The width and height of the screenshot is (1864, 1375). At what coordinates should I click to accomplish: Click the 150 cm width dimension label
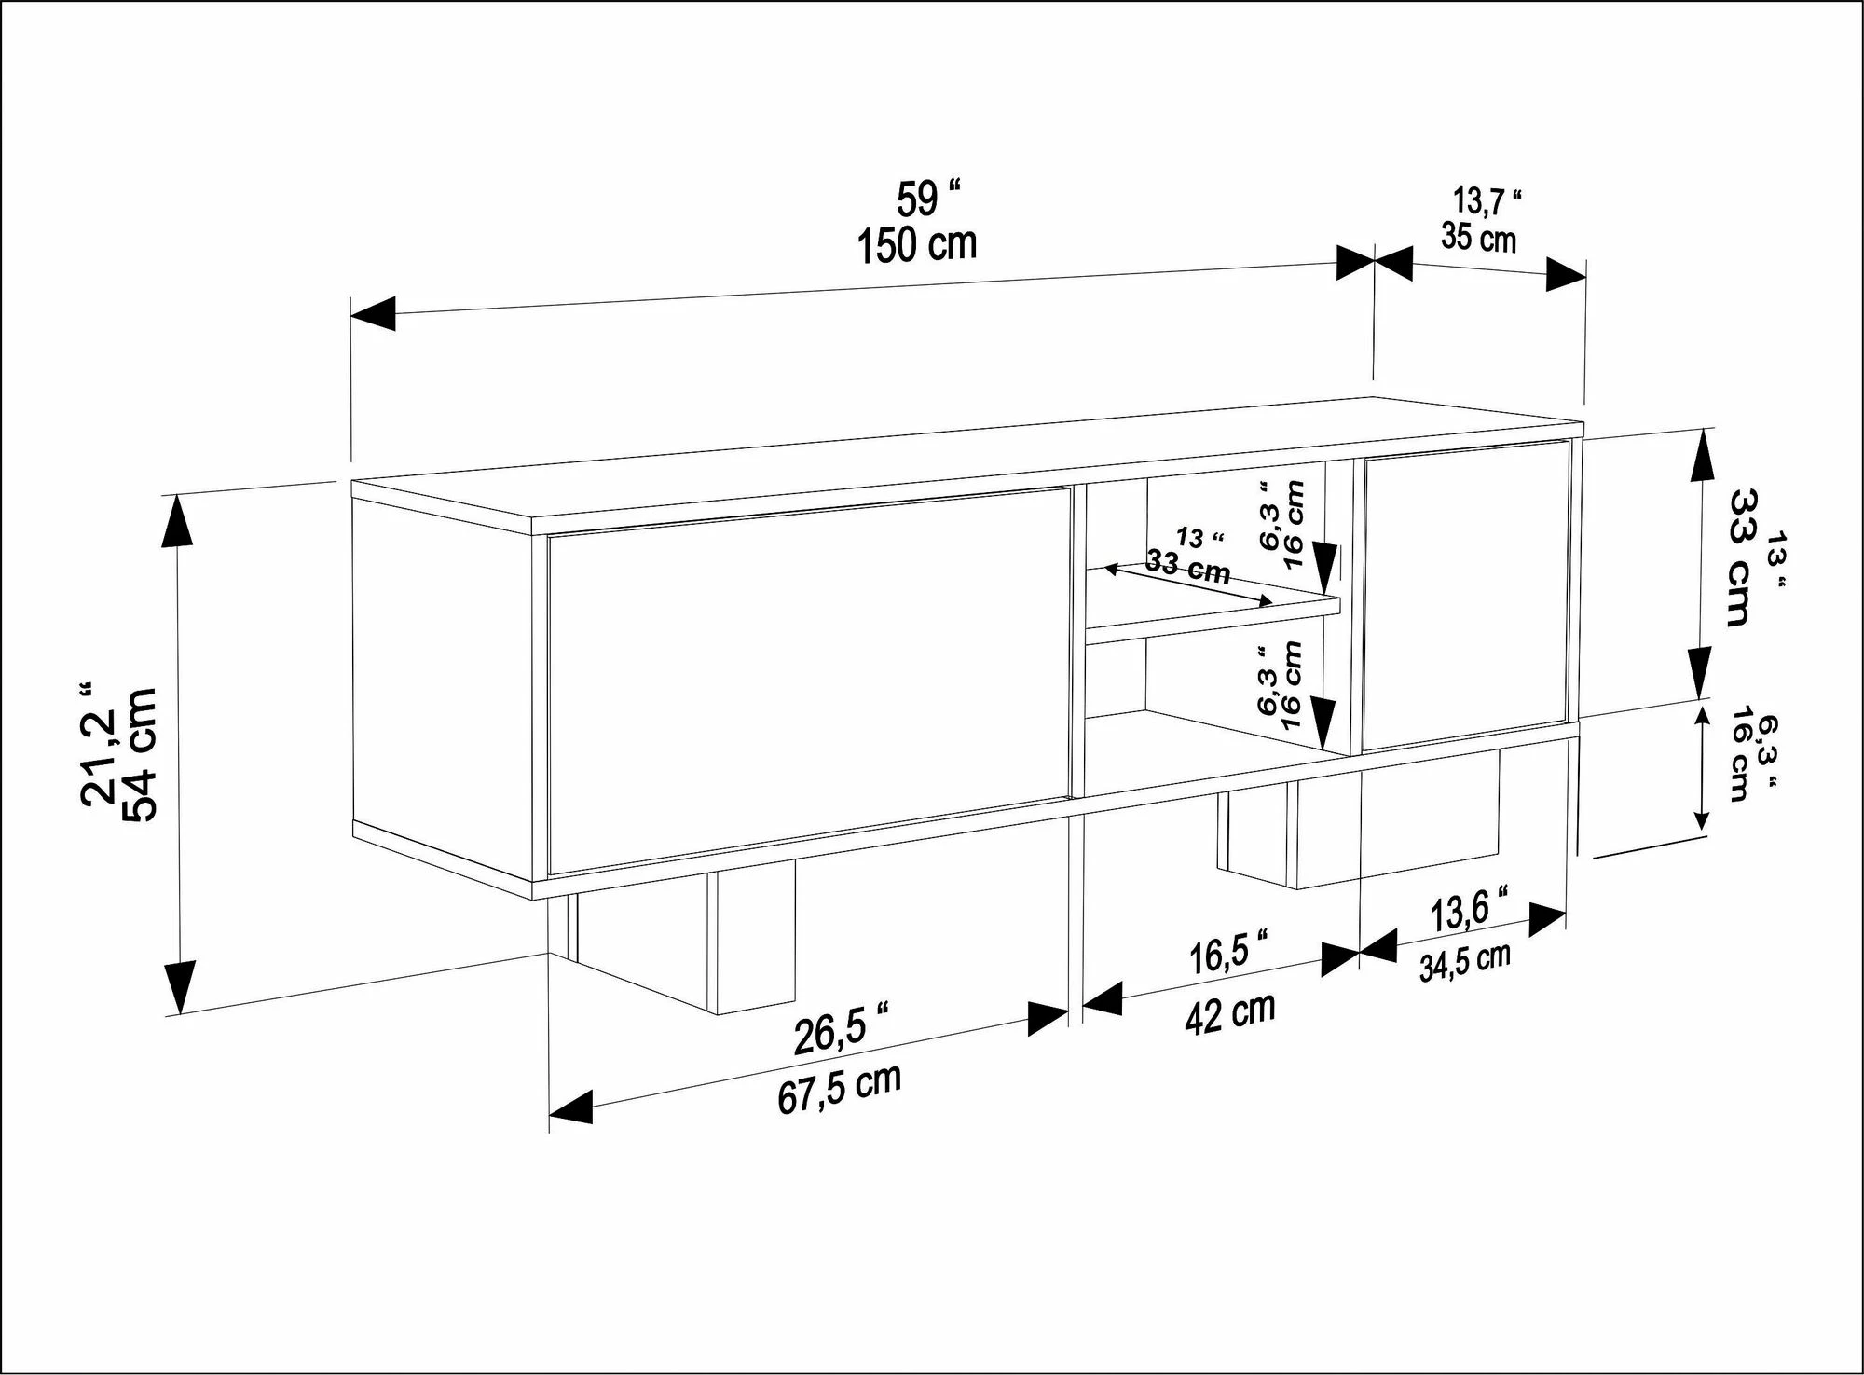click(x=917, y=244)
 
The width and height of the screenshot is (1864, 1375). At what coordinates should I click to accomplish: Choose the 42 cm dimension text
click(x=1230, y=1013)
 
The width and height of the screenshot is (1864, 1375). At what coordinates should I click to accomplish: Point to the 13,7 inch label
click(x=1487, y=200)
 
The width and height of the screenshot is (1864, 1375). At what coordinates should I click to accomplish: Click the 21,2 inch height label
click(x=101, y=740)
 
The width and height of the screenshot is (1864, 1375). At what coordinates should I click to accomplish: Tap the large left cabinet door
click(x=807, y=681)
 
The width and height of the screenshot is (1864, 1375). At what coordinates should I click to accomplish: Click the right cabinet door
click(x=1465, y=597)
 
